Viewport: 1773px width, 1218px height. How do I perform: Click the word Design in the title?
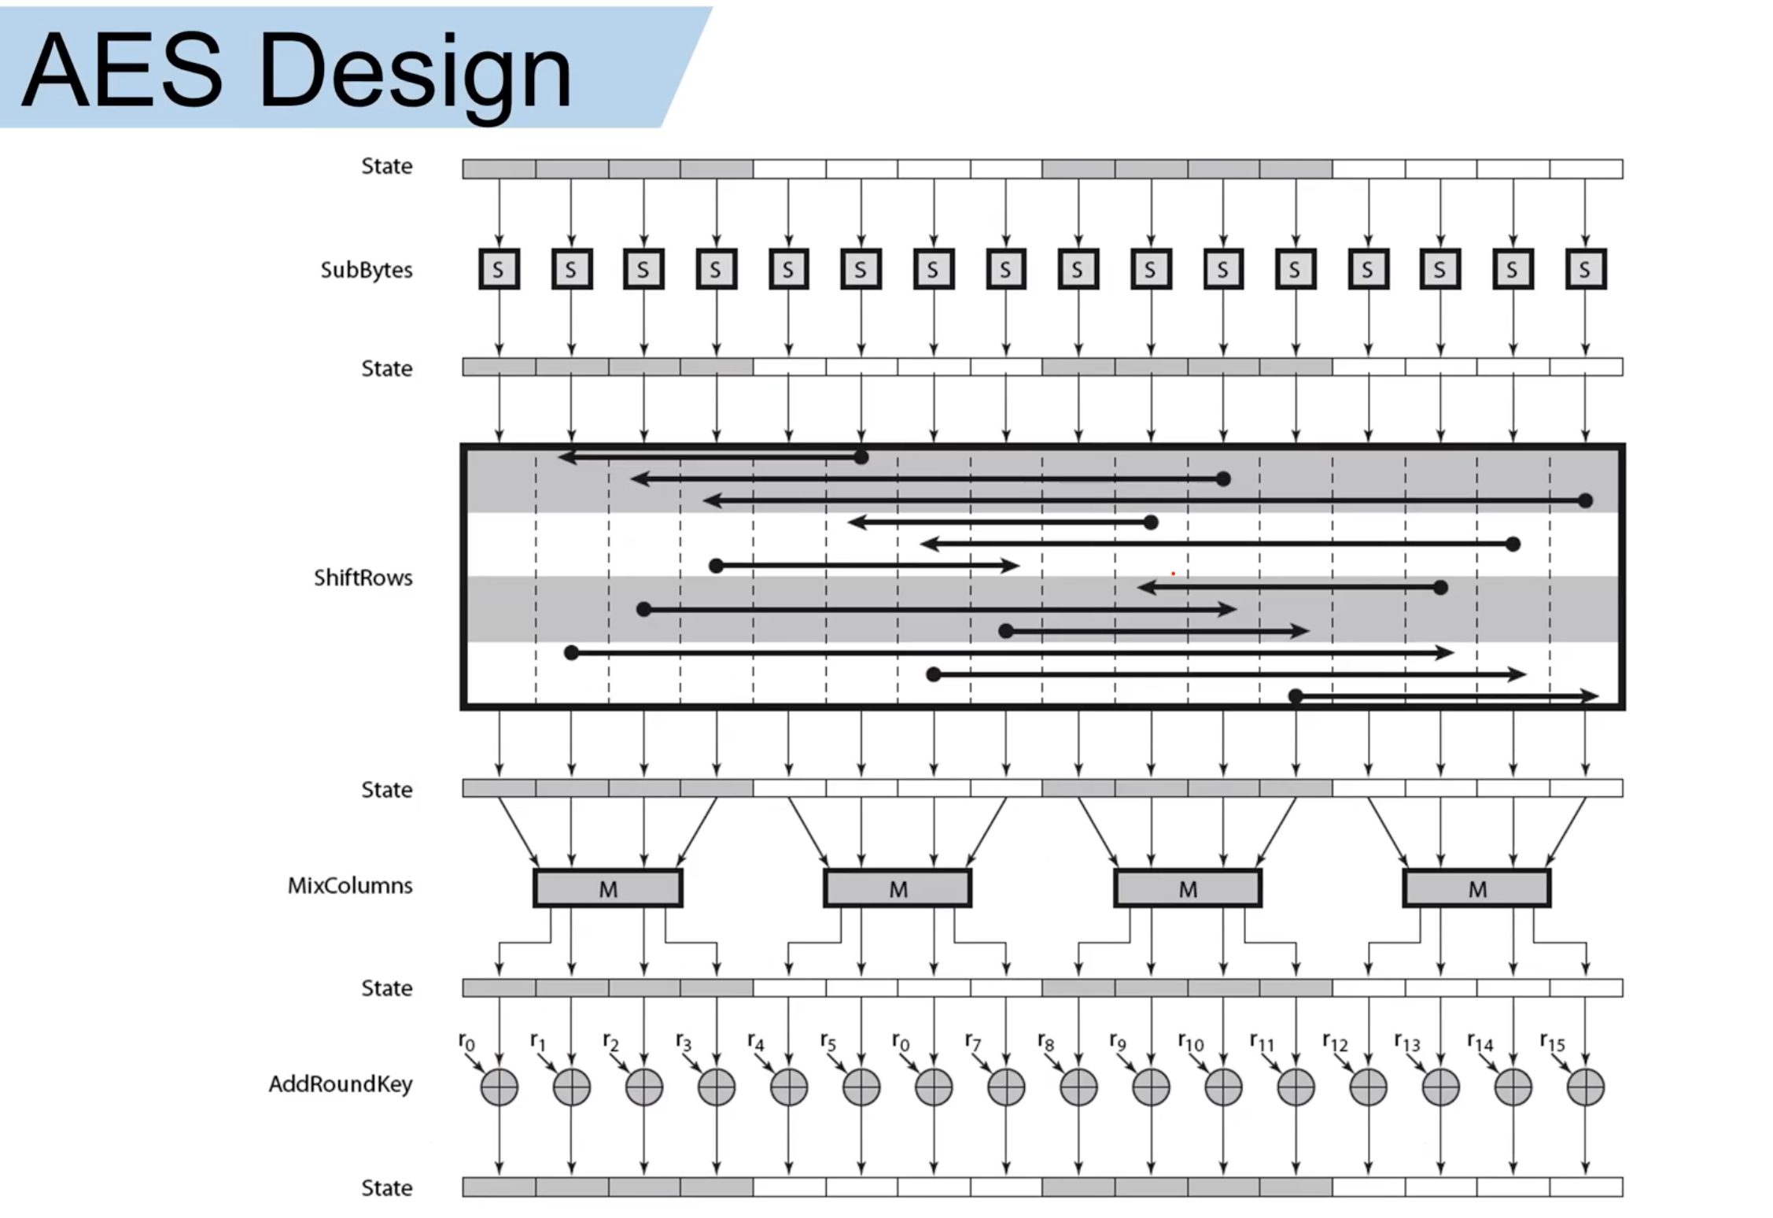coord(415,72)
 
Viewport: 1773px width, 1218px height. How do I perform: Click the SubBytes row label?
coord(366,270)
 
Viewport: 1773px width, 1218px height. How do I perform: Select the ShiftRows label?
coord(363,578)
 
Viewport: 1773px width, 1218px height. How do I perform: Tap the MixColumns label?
coord(349,885)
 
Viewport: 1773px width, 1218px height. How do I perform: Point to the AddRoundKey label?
coord(340,1083)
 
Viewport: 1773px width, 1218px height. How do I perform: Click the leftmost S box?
coord(499,269)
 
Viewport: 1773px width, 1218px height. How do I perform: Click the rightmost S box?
coord(1585,269)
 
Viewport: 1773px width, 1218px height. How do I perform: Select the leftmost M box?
coord(607,888)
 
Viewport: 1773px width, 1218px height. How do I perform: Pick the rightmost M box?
coord(1476,888)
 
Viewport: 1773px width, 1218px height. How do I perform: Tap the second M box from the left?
coord(898,888)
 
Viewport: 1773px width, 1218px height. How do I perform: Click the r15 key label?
coord(1552,1043)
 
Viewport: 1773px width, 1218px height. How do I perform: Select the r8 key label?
coord(1045,1043)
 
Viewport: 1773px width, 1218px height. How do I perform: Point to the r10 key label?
coord(1190,1043)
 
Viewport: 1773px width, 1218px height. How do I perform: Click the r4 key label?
coord(755,1043)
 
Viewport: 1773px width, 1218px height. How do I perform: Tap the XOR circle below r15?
coord(1585,1087)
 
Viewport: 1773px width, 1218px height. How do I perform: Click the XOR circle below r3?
coord(716,1087)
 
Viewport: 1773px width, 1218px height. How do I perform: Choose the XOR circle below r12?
coord(1368,1087)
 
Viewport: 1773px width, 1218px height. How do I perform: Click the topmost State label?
coord(386,166)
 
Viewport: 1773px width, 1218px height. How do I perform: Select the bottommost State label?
coord(386,1187)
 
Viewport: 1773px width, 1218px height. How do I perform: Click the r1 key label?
coord(538,1043)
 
